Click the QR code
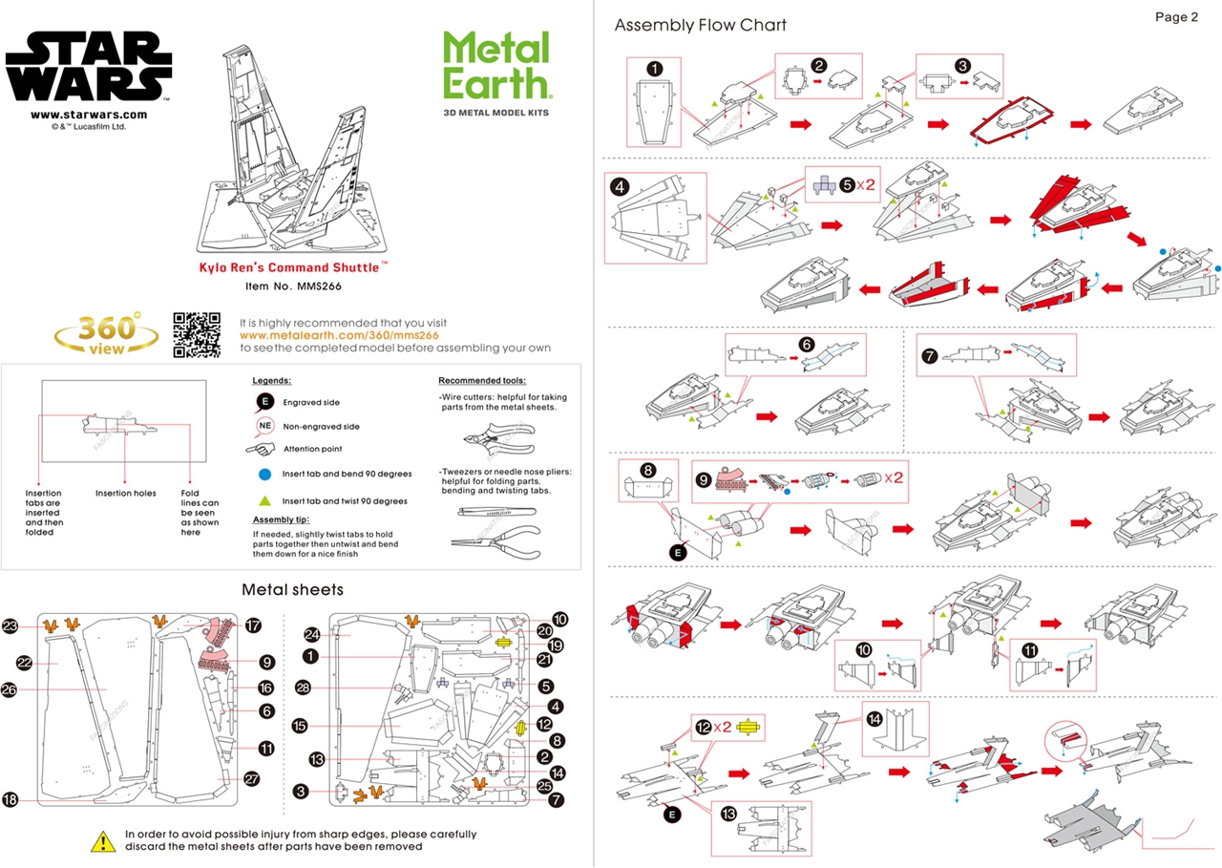click(197, 335)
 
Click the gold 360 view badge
click(106, 334)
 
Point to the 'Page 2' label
click(1175, 17)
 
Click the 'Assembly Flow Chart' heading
click(701, 25)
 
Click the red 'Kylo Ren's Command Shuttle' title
click(292, 268)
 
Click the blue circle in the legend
click(263, 474)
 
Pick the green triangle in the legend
click(263, 500)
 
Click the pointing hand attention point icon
click(260, 449)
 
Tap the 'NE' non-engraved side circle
click(264, 426)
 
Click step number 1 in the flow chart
click(654, 69)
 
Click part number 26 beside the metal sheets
click(10, 689)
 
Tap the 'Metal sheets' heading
click(292, 589)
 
